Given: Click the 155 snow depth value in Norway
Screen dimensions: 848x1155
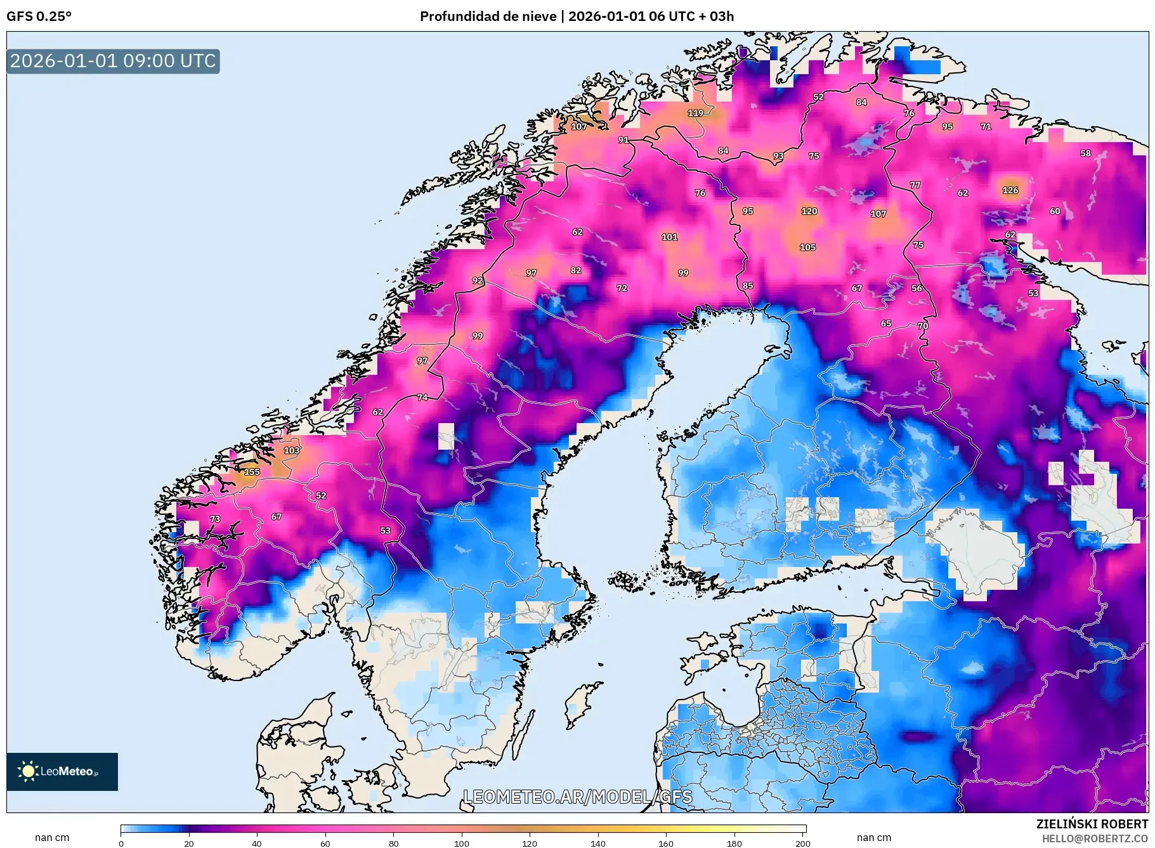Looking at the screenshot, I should click(x=252, y=472).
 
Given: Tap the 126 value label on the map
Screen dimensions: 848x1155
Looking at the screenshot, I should click(x=1010, y=190).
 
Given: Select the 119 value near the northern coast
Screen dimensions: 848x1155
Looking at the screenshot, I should click(x=696, y=113).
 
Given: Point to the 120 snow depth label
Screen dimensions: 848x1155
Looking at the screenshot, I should click(x=809, y=211).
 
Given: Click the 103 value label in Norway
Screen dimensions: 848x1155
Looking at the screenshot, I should click(x=292, y=450).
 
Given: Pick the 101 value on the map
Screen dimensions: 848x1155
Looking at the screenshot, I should click(x=670, y=237).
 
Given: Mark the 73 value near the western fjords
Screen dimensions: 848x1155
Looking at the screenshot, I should click(x=215, y=519).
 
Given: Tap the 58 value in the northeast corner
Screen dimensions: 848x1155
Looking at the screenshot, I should click(x=1086, y=153).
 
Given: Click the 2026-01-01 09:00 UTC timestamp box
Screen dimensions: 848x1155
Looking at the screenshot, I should click(x=113, y=62).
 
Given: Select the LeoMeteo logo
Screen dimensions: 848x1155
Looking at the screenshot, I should click(x=62, y=771).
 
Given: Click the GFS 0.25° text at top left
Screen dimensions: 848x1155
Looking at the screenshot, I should click(x=39, y=16).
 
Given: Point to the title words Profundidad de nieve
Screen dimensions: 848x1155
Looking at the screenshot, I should click(x=488, y=16).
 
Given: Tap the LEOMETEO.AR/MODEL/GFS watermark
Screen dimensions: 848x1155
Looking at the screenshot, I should click(x=577, y=797).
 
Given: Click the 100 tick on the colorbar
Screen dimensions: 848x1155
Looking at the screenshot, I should click(x=462, y=844).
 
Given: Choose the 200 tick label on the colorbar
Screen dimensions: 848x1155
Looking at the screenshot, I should click(x=803, y=844).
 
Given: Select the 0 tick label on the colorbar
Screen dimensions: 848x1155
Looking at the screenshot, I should click(x=121, y=844).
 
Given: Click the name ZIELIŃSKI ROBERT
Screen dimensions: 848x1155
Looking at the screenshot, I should click(x=1092, y=824).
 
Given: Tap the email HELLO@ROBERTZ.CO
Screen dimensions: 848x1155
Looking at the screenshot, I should click(x=1095, y=838).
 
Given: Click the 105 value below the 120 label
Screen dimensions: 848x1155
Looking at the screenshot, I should click(x=807, y=247).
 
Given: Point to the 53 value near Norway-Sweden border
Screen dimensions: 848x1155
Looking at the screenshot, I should click(x=386, y=531).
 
